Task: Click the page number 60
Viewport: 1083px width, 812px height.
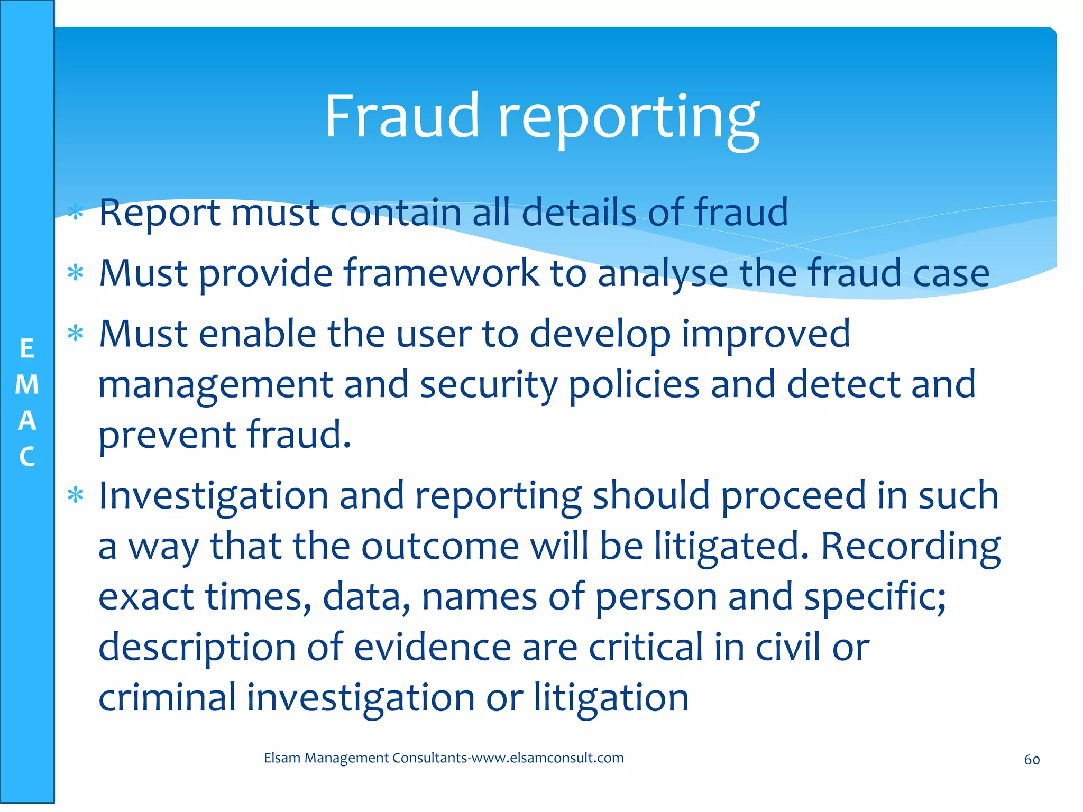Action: (1032, 760)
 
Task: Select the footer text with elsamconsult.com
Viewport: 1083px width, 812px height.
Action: (444, 758)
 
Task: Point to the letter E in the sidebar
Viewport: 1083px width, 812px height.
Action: (27, 349)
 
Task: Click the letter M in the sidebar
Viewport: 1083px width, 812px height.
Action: (27, 384)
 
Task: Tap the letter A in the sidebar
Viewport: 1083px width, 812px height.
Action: (27, 421)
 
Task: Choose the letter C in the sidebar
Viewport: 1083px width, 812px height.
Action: (27, 457)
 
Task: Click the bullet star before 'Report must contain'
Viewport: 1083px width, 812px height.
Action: (76, 213)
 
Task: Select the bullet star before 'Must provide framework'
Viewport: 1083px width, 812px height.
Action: (76, 273)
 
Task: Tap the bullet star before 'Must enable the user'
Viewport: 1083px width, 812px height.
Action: (76, 334)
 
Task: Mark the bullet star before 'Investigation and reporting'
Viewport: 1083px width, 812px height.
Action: (76, 495)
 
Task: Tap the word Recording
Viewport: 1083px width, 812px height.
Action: (910, 547)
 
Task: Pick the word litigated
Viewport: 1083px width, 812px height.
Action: (731, 547)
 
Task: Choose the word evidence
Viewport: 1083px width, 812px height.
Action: (432, 647)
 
